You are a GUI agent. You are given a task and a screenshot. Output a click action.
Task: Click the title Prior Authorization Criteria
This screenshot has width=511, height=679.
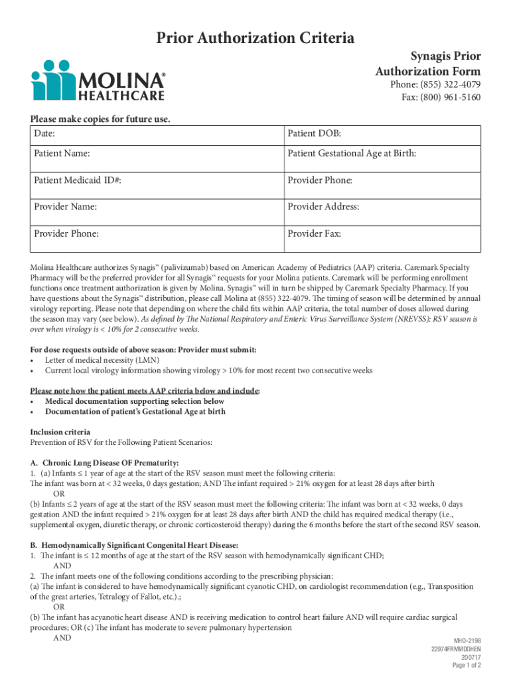coord(255,38)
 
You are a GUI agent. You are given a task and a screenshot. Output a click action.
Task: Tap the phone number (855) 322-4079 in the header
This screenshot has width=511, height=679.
coord(435,85)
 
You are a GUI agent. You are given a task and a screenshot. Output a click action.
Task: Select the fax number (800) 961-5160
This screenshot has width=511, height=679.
coord(441,98)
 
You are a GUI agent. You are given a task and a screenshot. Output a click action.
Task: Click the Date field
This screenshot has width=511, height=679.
coord(155,135)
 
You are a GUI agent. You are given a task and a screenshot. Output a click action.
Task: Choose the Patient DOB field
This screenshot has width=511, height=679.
coord(382,135)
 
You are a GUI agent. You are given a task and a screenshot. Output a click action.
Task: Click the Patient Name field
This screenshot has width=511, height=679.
coord(155,154)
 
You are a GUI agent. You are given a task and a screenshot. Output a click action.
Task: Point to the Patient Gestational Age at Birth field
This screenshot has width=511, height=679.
coord(382,154)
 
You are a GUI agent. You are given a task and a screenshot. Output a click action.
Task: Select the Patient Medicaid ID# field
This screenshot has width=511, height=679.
coord(155,180)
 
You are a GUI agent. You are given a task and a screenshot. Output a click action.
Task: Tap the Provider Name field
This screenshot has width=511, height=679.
coord(155,207)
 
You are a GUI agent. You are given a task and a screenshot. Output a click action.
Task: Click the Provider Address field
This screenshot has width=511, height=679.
coord(382,207)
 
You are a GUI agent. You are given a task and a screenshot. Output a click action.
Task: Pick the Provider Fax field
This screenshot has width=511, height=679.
coord(382,234)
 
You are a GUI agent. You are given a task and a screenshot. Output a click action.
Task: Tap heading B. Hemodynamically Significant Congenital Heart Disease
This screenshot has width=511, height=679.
coord(134,545)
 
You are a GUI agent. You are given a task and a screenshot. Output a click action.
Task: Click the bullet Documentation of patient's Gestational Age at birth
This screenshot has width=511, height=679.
coord(135,411)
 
